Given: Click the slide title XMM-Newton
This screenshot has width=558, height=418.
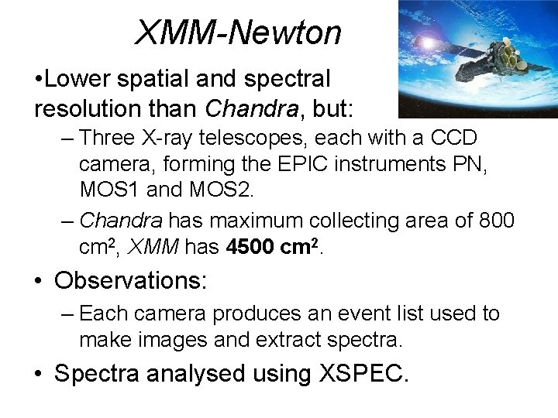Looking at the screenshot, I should coord(238,33).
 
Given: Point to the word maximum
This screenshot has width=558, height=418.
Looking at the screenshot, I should coord(255,221).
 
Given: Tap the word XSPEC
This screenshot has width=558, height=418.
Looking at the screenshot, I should coord(361,374).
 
